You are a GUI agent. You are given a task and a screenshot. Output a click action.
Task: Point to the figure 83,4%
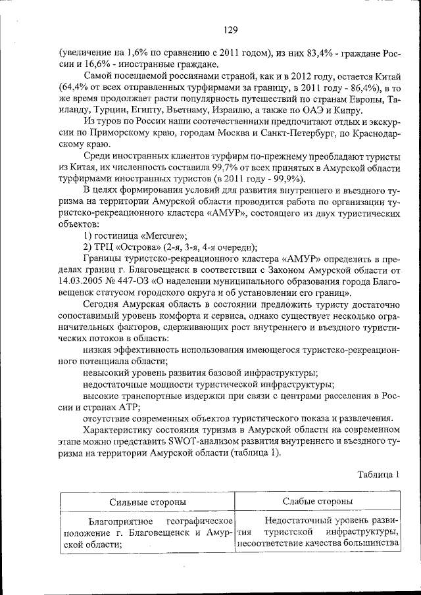tap(314, 53)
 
